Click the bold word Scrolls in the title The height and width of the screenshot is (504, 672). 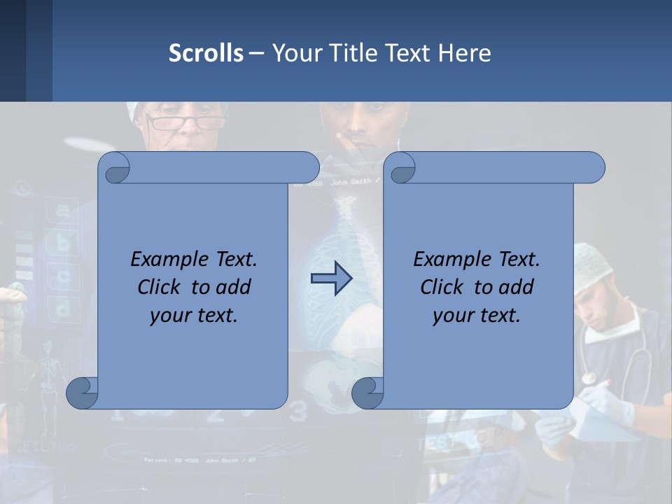206,53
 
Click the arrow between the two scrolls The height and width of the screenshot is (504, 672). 331,279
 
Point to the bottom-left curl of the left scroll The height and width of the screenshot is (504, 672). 83,393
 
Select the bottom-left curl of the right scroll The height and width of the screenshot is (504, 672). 367,393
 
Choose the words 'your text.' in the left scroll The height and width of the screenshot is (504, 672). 194,315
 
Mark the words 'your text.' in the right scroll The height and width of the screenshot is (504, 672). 477,315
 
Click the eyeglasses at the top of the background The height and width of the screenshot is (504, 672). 186,123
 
